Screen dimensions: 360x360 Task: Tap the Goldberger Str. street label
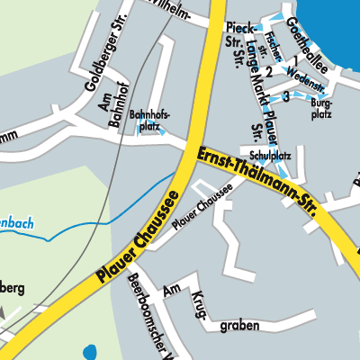coord(89,55)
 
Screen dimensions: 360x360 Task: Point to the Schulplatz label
coord(258,154)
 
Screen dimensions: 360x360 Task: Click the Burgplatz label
coord(321,110)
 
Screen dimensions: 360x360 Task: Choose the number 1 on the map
coord(294,61)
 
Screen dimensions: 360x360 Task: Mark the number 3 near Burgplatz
coord(285,94)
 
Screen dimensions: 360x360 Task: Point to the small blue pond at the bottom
coord(89,352)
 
